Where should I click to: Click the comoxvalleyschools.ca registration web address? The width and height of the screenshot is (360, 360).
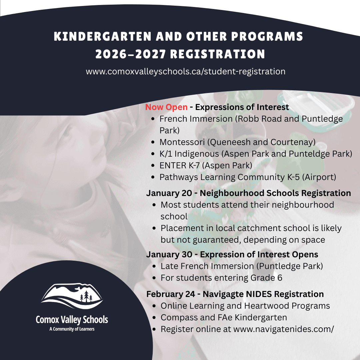(x=186, y=71)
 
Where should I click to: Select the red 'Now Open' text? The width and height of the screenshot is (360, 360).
(x=166, y=107)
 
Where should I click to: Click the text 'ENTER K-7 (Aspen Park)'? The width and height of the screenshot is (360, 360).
(x=206, y=165)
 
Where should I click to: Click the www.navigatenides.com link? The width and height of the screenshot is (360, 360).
(x=283, y=329)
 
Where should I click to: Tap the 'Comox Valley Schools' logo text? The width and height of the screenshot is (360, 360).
(x=72, y=320)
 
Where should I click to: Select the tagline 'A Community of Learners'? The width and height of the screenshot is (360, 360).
(x=72, y=329)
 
